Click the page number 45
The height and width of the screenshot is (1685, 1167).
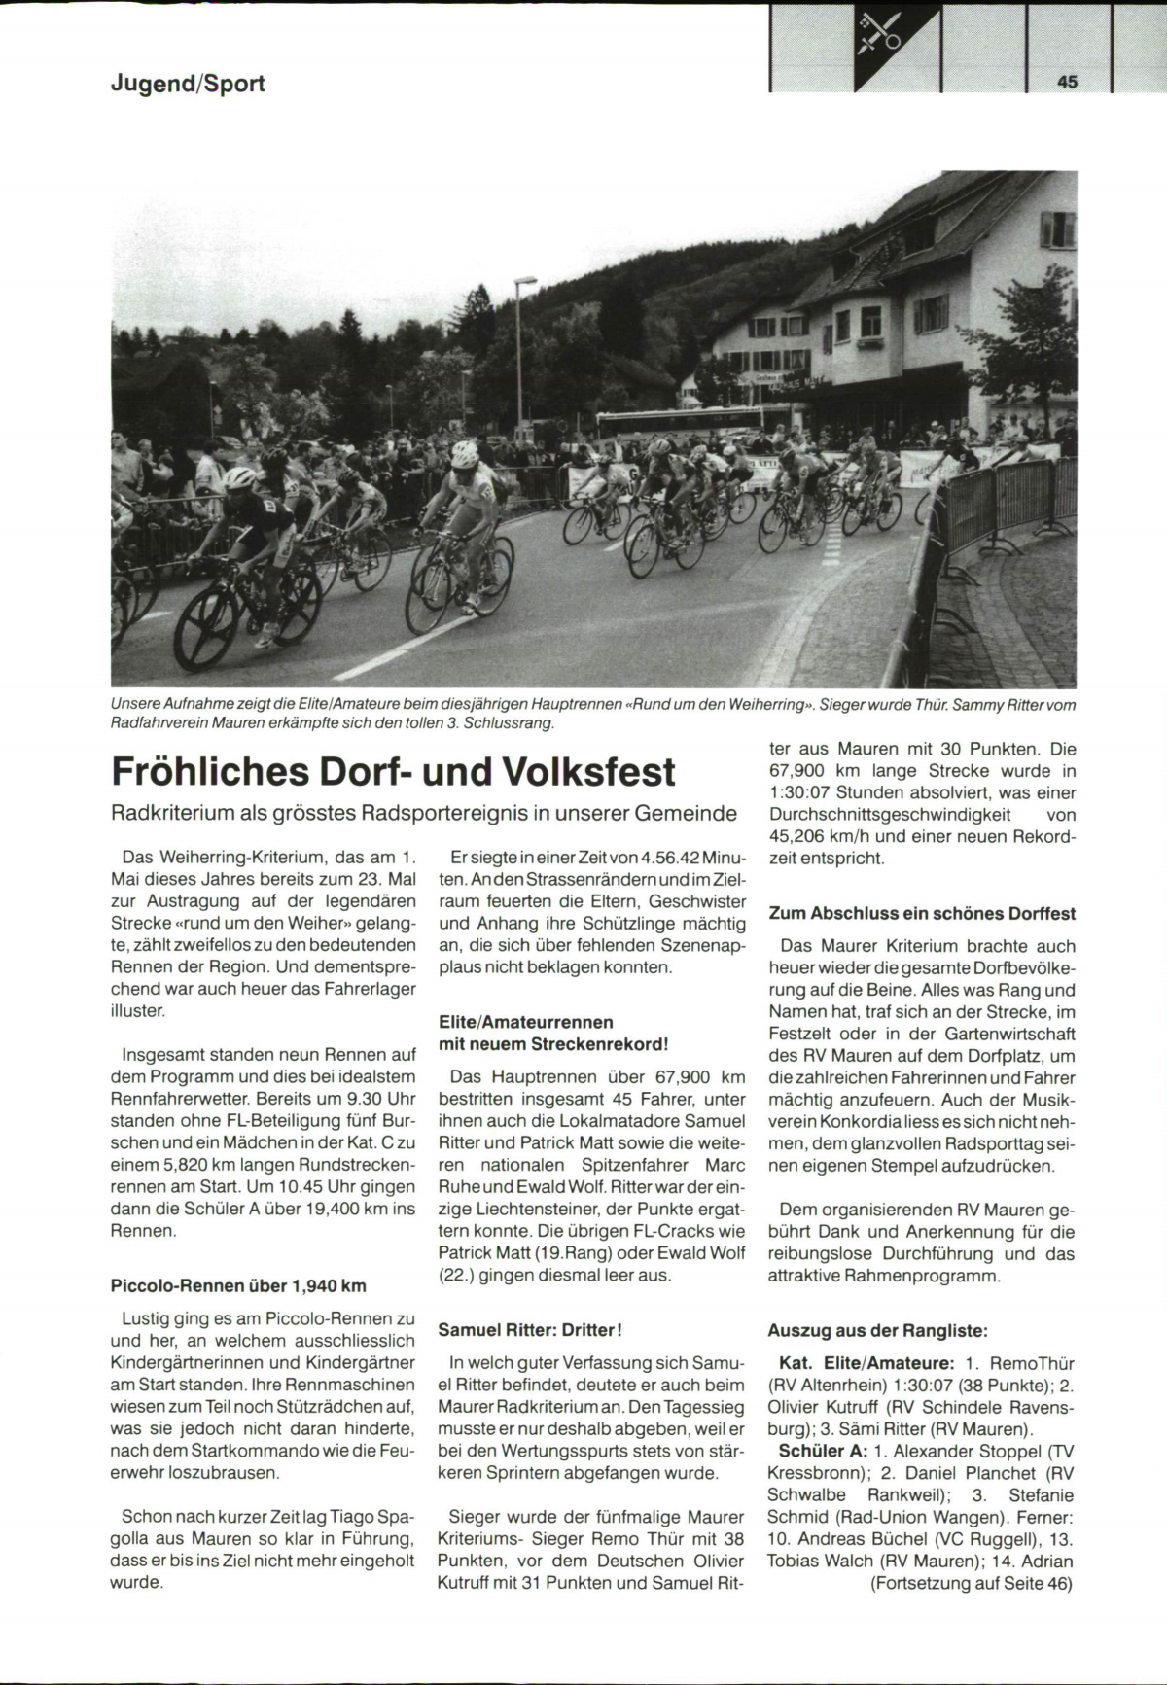click(x=1067, y=83)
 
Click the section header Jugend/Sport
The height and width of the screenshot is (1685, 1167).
click(x=187, y=84)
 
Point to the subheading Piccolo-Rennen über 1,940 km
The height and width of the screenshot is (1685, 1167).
click(x=239, y=1285)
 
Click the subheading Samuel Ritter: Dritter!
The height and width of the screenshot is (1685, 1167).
click(x=529, y=1329)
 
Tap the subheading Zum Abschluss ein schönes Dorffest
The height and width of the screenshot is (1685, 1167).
click(x=922, y=913)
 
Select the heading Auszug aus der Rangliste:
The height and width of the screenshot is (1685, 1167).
click(x=865, y=1330)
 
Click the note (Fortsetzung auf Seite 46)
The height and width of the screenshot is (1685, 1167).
click(x=972, y=1583)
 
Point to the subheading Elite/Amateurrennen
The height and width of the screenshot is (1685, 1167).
click(x=526, y=1022)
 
